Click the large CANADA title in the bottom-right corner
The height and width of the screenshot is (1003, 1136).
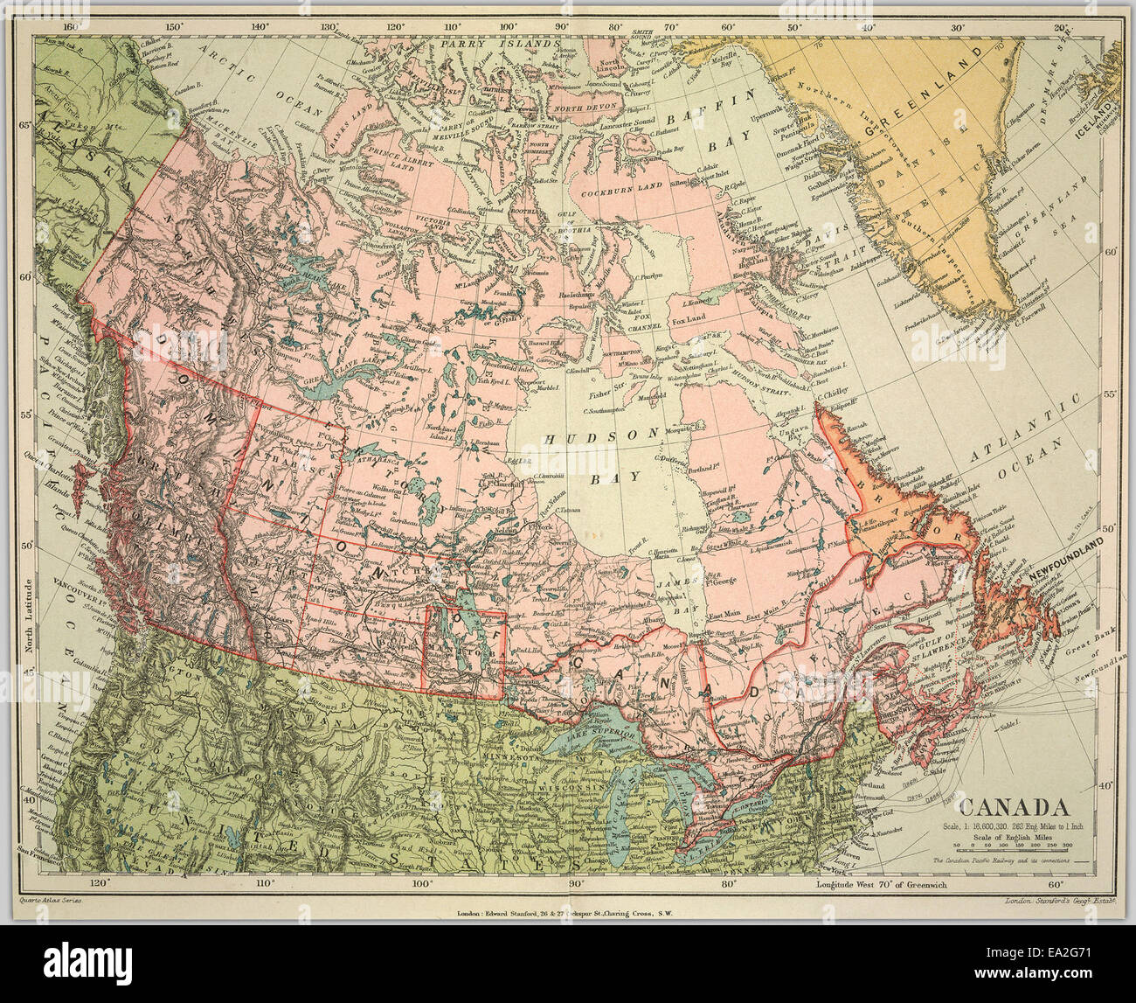click(x=1015, y=807)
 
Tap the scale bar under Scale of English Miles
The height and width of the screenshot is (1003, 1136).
click(x=1014, y=845)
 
